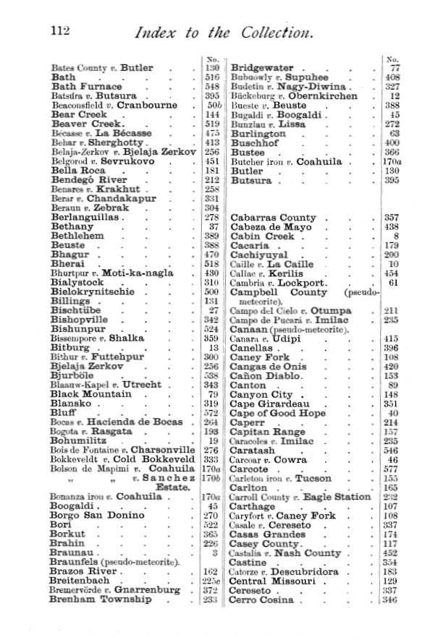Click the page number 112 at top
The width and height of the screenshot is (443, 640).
[59, 31]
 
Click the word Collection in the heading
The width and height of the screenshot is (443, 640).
[271, 33]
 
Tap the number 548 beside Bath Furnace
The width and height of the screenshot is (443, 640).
[211, 87]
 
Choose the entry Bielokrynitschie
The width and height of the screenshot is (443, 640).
[93, 292]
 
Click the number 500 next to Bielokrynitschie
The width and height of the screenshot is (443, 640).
[211, 292]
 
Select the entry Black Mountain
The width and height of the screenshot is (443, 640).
[90, 394]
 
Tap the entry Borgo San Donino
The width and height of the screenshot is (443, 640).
[98, 516]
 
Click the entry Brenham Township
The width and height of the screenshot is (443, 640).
[101, 600]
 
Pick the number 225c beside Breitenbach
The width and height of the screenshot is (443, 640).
[211, 581]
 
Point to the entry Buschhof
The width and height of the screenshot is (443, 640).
[255, 143]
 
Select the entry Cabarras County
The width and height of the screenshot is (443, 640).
[273, 218]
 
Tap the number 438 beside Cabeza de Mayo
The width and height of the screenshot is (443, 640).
[392, 227]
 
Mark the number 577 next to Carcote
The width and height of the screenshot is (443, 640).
[392, 469]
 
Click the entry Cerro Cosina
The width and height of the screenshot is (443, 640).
[262, 600]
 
